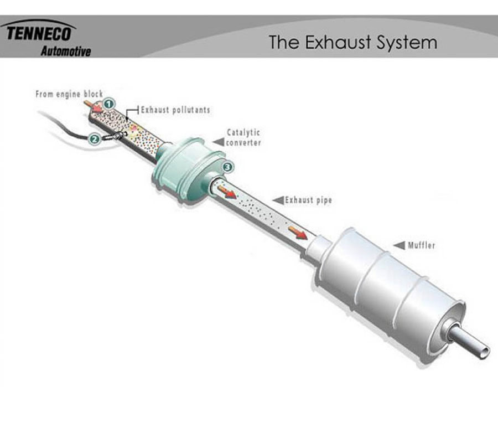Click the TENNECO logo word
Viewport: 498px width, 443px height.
coord(39,33)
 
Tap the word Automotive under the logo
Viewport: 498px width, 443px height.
coord(66,51)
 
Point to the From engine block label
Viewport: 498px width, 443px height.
coord(69,94)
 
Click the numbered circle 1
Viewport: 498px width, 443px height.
coord(109,104)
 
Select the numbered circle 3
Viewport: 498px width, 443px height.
coord(228,167)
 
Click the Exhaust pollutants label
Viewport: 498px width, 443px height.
coord(175,110)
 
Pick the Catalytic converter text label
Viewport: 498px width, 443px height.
coord(243,137)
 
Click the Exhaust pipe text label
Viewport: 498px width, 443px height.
coord(308,200)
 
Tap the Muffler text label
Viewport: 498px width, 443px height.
coord(422,245)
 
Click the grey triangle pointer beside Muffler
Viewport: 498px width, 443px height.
coord(400,245)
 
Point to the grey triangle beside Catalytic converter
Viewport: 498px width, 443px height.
coord(219,142)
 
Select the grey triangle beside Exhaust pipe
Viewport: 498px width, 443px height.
coord(278,200)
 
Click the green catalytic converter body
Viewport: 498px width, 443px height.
coord(188,170)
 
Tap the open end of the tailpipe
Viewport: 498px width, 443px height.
coord(485,352)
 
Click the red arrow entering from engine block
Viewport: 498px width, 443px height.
coord(94,107)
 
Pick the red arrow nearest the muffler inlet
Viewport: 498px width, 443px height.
coord(298,233)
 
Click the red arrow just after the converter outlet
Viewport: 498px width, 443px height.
coord(227,192)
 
